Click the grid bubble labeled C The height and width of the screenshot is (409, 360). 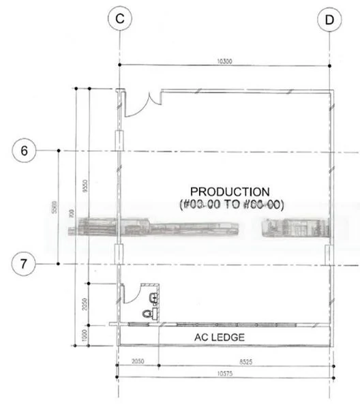click(119, 20)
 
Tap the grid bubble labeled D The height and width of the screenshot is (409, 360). click(329, 20)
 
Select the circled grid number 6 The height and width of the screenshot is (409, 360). click(25, 150)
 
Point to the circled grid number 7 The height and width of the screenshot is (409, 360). click(25, 263)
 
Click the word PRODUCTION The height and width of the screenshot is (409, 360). click(230, 192)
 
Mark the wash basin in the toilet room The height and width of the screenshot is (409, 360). click(154, 297)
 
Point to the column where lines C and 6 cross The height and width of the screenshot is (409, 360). click(119, 145)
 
